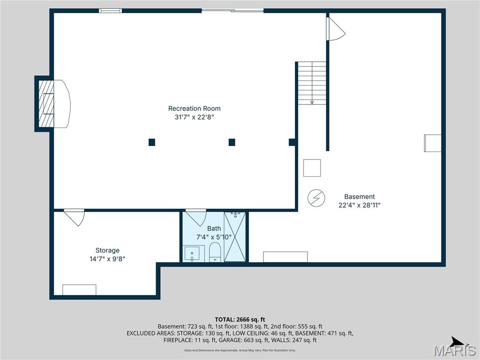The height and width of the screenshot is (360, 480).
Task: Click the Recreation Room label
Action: coord(194,109)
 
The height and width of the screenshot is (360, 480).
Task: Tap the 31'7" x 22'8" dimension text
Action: coord(194,118)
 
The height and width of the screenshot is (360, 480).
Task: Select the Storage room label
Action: coord(107,250)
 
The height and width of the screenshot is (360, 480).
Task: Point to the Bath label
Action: coord(214,229)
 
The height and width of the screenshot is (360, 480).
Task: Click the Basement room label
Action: coord(359,197)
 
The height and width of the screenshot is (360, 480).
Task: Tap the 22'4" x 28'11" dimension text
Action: coord(359,205)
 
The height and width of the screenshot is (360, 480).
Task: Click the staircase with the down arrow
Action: coord(312,83)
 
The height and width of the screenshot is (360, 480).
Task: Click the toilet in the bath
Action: coord(215,252)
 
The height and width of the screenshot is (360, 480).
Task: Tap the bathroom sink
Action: coord(192,254)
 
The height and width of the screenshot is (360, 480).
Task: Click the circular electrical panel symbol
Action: coord(316,198)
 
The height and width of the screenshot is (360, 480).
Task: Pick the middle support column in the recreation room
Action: coord(232,142)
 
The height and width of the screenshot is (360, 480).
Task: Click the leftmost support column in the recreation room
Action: coord(151,142)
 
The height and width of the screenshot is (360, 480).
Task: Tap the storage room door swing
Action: coord(75,217)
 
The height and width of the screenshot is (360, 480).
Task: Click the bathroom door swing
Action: coord(196,218)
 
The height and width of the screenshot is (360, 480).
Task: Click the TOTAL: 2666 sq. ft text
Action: coord(240,319)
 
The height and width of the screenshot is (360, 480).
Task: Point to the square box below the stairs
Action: coord(312,168)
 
